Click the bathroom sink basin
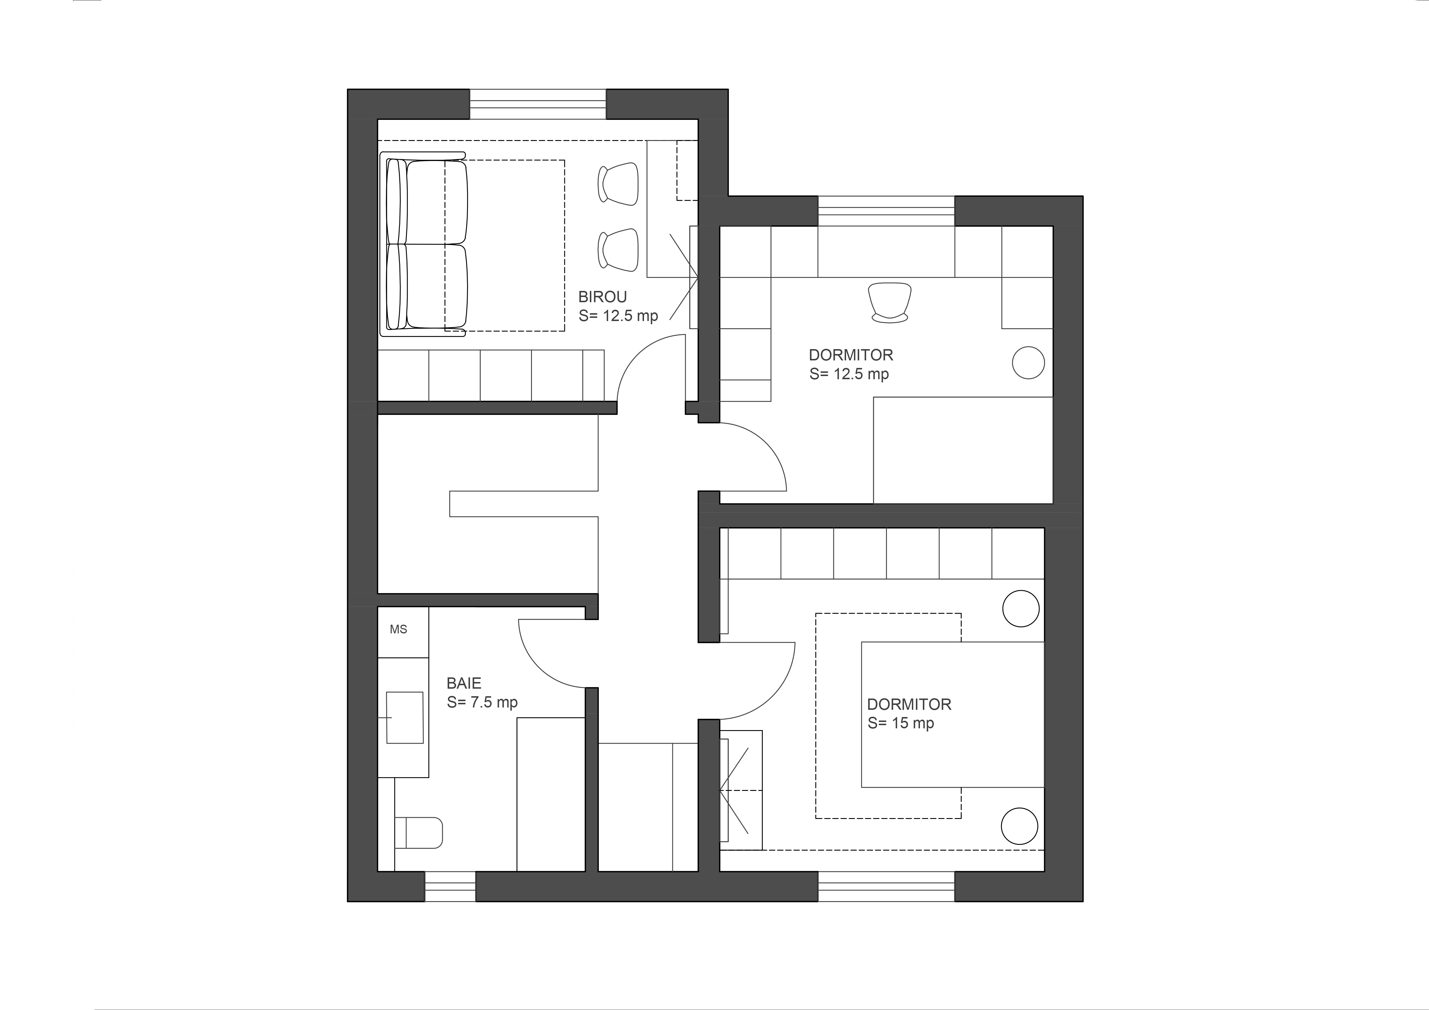405,717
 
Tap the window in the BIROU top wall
538,104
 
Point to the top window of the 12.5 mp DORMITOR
886,211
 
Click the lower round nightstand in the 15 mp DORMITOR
1020,826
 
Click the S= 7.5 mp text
482,703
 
